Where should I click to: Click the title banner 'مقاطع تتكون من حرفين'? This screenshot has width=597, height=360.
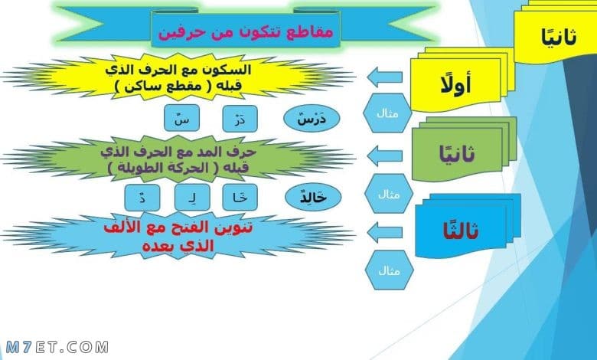point(246,30)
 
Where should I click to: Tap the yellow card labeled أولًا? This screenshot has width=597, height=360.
point(456,84)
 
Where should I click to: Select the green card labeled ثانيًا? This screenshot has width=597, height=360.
point(457,154)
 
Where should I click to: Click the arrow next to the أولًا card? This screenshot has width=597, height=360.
point(384,77)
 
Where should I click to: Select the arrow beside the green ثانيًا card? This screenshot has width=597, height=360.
point(384,155)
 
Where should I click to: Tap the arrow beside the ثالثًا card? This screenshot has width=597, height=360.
point(384,232)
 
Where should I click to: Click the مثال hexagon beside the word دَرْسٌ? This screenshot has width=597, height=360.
point(387,113)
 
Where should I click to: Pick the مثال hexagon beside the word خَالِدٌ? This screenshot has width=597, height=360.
point(389,194)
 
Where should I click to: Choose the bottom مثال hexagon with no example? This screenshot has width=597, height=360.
point(389,270)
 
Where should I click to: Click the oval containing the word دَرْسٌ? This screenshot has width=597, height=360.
point(312,119)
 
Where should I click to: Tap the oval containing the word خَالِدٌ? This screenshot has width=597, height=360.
point(313,197)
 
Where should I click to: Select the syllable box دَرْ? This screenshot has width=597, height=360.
point(240,119)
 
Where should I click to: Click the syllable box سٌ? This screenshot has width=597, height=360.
point(181,118)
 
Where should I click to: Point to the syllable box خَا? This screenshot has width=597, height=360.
point(240,198)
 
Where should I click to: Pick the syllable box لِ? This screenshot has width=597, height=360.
point(192,198)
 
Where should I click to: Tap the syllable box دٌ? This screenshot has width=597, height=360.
point(142,198)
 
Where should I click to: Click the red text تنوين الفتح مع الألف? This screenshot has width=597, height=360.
point(178,227)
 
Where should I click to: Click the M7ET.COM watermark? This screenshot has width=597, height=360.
point(57,347)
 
